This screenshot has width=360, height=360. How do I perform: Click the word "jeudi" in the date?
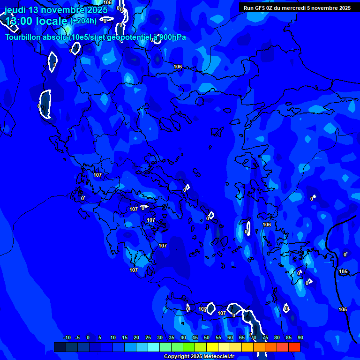(x=15, y=10)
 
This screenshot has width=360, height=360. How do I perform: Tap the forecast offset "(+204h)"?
(x=83, y=21)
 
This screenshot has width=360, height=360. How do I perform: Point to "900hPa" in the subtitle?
(x=172, y=37)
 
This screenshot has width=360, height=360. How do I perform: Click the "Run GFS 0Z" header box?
(x=297, y=7)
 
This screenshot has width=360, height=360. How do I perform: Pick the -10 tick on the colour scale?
(x=67, y=337)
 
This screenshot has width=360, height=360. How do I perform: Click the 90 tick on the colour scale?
(x=300, y=337)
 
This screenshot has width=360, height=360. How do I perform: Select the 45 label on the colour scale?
(x=195, y=337)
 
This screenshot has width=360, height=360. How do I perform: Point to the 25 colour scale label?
(x=148, y=337)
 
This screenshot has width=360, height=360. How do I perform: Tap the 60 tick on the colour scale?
(x=230, y=337)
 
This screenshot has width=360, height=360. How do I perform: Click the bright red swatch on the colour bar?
(x=294, y=347)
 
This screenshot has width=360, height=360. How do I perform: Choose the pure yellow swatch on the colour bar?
(x=212, y=347)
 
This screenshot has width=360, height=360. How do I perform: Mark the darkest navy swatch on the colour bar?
(x=60, y=347)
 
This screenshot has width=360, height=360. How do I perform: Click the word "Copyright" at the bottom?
(x=176, y=357)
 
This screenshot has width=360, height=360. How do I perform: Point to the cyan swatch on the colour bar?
(x=153, y=347)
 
